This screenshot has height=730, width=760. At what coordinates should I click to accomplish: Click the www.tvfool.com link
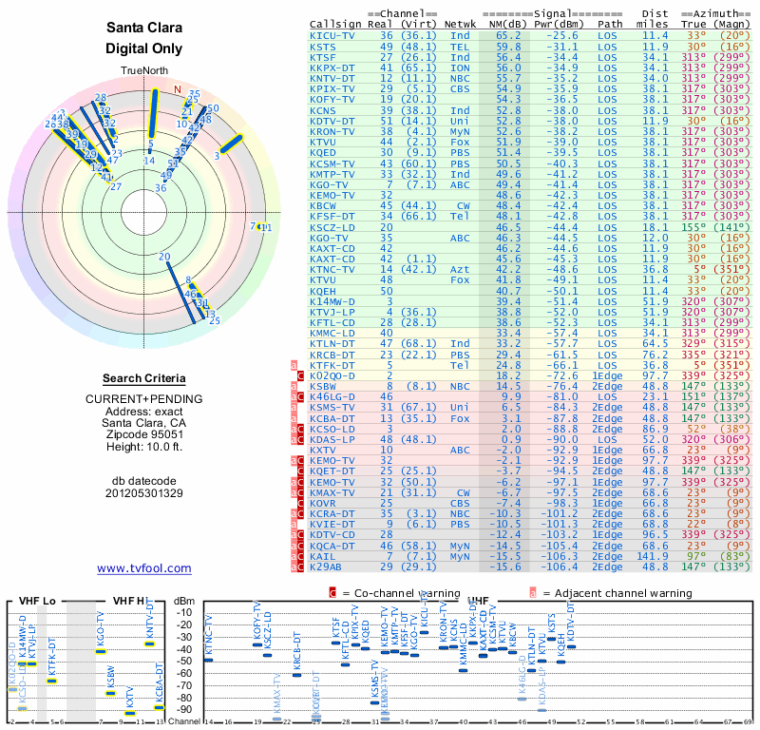(x=144, y=568)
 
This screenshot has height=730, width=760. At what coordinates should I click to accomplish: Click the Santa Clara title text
(x=144, y=29)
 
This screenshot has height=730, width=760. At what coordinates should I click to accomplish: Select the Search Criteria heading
(x=144, y=378)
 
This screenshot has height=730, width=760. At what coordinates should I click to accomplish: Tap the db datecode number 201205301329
(x=144, y=493)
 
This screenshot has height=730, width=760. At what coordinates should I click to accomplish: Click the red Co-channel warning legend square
(x=332, y=592)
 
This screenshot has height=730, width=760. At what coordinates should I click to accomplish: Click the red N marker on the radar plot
(x=176, y=90)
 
